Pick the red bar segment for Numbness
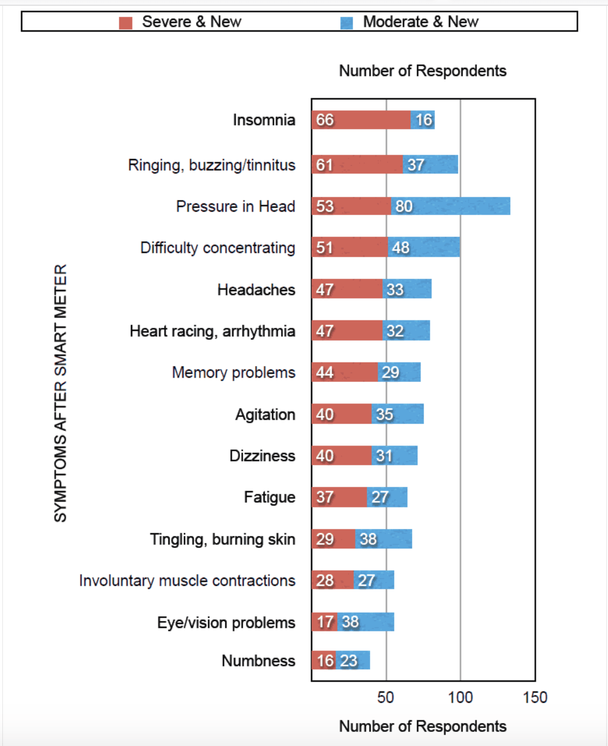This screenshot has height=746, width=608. tap(323, 661)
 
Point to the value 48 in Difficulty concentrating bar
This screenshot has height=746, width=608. tap(400, 248)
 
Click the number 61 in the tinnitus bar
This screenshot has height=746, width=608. tap(324, 165)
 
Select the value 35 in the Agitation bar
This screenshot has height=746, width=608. tap(384, 415)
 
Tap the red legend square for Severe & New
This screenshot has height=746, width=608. tap(126, 23)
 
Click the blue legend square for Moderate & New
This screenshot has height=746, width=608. tap(347, 23)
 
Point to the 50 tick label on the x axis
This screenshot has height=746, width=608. tap(385, 697)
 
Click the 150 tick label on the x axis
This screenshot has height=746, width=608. tap(535, 697)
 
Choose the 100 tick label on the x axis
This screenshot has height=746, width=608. tap(460, 697)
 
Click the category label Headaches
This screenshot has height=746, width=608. tap(256, 290)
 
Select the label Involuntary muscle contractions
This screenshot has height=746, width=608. tap(187, 581)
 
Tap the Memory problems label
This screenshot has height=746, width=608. tap(233, 373)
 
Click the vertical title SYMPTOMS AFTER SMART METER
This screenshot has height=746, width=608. tap(61, 393)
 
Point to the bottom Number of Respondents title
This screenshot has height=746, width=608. tap(423, 726)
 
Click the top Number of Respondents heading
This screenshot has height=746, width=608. tap(423, 71)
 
